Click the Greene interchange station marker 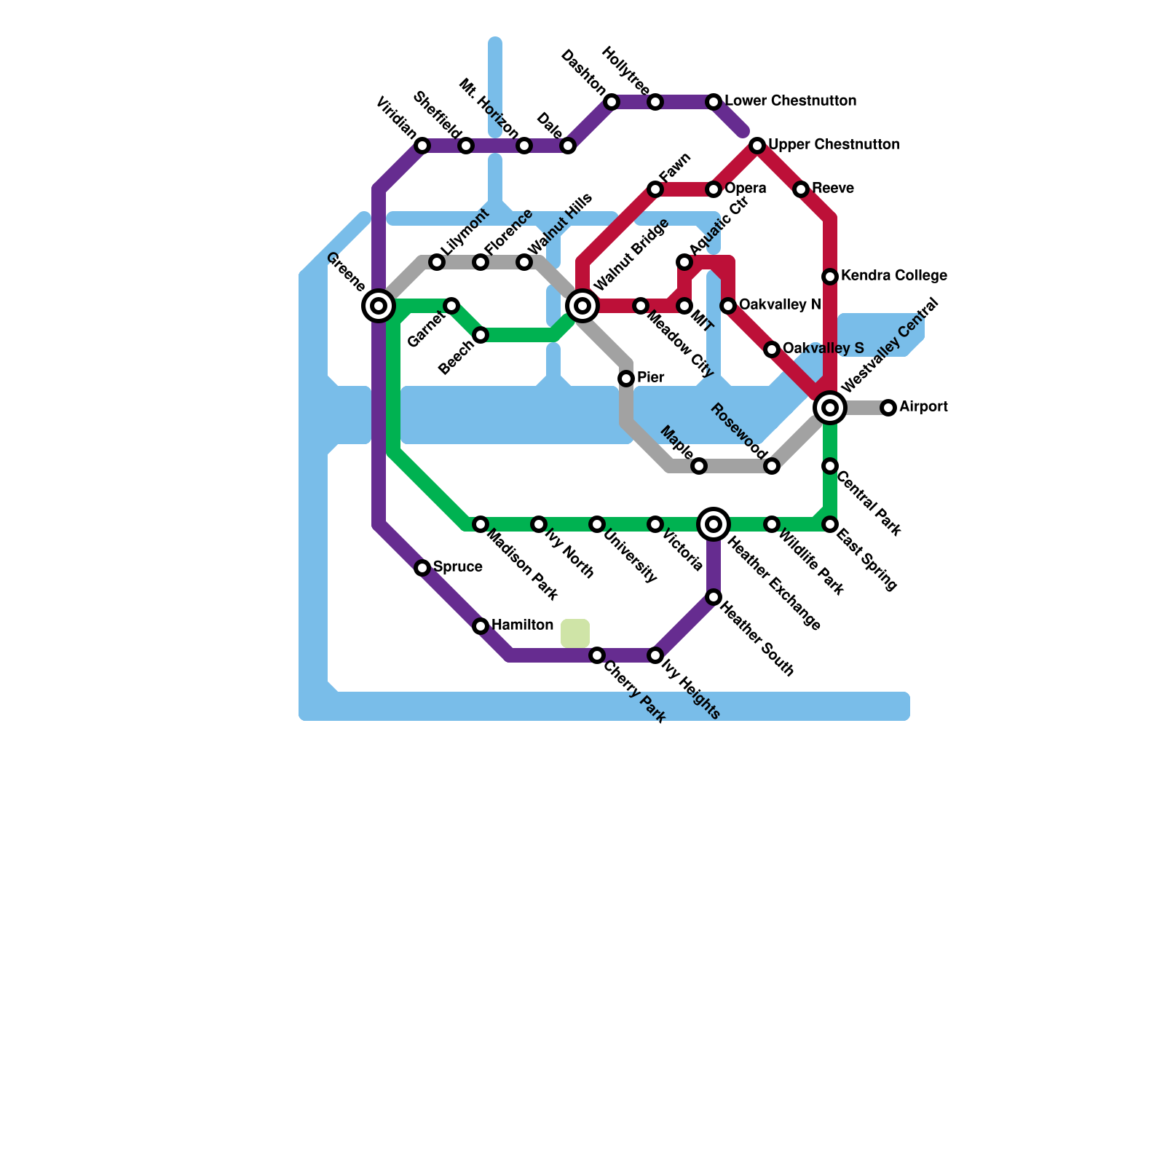[x=379, y=306]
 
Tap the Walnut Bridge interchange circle [x=582, y=306]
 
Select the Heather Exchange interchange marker [x=714, y=524]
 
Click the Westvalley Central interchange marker [x=830, y=408]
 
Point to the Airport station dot [x=888, y=408]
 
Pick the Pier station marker [x=626, y=379]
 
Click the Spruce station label [x=457, y=567]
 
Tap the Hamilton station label [x=522, y=625]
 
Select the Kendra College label [x=893, y=276]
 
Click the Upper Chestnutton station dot [x=757, y=146]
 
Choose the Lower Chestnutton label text [x=790, y=101]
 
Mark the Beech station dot [x=481, y=335]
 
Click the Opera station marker [x=714, y=189]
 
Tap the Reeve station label [x=833, y=189]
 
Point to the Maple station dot [x=699, y=466]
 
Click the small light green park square [x=575, y=633]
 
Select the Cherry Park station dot [x=597, y=655]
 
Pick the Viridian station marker [x=422, y=146]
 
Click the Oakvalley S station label [x=823, y=349]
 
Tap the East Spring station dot [x=830, y=524]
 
